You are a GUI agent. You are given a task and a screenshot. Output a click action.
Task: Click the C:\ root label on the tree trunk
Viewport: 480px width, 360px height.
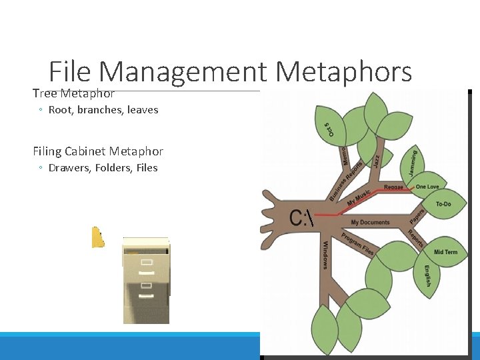point(301,218)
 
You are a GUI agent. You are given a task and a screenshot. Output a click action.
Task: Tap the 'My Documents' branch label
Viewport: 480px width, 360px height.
point(370,222)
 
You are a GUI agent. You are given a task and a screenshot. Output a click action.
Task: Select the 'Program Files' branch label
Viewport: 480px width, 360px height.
point(358,244)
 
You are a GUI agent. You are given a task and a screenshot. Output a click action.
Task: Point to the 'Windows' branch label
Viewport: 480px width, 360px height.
point(325,255)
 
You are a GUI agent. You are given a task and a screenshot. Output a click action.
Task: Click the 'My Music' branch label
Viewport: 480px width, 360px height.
point(359,198)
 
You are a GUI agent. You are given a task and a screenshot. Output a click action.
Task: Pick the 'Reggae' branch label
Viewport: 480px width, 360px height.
point(393,187)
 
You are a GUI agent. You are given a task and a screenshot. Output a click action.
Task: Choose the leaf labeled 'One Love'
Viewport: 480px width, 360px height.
point(427,187)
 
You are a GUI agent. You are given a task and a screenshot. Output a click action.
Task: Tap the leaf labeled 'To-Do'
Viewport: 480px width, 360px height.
point(443,204)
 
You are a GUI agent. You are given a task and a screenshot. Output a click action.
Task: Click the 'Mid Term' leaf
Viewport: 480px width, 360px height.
point(445,252)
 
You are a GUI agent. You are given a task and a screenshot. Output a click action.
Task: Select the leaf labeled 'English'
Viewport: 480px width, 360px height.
point(427,276)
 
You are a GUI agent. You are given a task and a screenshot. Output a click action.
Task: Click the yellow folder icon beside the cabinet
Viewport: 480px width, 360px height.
point(97,237)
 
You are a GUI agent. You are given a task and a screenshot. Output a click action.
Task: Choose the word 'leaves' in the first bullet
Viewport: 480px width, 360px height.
point(143,109)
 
